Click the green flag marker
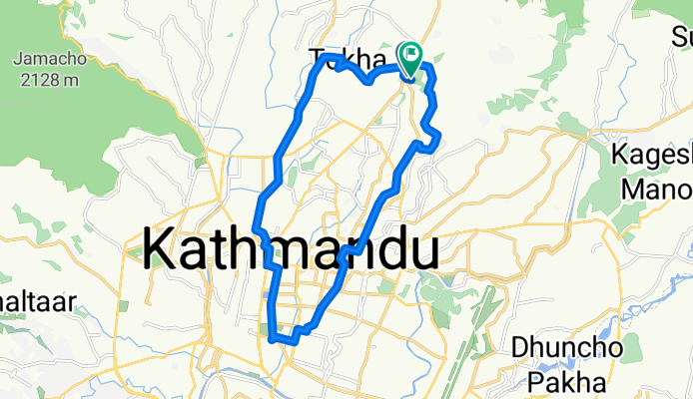tap(411, 56)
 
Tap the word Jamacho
tap(44, 59)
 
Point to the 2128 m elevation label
tap(44, 79)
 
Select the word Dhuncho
tap(567, 349)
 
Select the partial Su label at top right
tap(681, 39)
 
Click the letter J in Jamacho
tap(17, 59)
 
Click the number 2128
tap(34, 79)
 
